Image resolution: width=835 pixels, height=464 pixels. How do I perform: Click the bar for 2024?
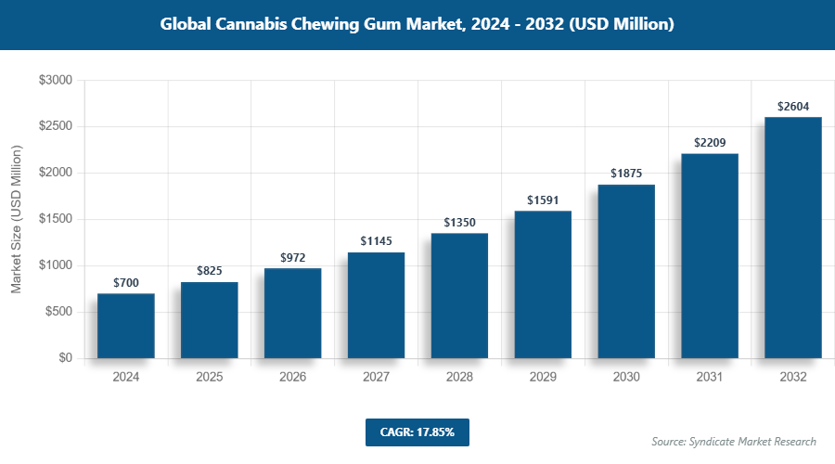[125, 326]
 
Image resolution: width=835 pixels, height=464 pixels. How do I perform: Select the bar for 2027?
[376, 305]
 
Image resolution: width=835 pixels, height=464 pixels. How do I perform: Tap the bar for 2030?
[626, 271]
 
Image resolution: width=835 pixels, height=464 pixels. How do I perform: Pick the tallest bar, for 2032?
[793, 238]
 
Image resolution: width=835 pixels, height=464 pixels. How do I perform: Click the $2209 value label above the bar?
[710, 143]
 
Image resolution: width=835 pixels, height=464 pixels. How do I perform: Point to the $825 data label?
[209, 271]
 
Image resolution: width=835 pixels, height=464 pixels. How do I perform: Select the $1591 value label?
[543, 200]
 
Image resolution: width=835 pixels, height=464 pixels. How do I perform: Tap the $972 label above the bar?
[292, 257]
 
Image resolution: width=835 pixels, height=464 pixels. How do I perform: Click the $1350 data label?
[459, 223]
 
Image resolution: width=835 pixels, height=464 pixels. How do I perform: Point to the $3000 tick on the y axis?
[55, 81]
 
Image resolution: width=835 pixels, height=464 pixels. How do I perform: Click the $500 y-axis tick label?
[58, 312]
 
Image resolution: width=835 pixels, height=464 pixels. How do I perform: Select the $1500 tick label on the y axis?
[55, 219]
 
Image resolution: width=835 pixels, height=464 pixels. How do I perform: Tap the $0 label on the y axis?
[65, 358]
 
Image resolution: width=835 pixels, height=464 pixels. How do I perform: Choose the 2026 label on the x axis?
[292, 378]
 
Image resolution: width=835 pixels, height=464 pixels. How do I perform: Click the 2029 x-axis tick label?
[543, 378]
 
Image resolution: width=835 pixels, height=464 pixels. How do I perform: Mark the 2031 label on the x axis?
[710, 378]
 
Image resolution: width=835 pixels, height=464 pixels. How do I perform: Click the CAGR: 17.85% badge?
[417, 432]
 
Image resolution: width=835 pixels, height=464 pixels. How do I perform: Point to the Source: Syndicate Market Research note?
[734, 442]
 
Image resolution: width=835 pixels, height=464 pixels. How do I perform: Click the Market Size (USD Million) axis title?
[16, 219]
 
